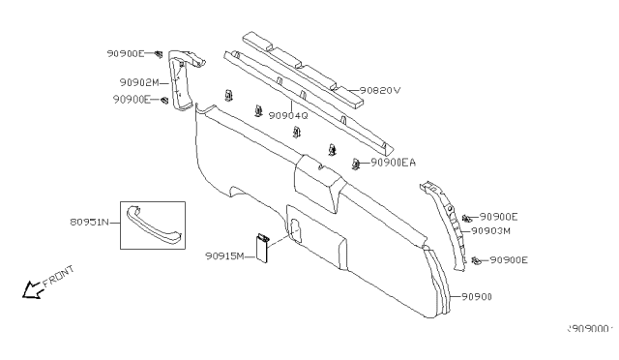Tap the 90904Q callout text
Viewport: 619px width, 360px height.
[x=287, y=115]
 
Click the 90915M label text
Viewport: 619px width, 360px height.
[x=224, y=255]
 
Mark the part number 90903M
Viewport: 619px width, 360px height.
[x=490, y=231]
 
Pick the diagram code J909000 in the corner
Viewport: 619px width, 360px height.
[x=591, y=329]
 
